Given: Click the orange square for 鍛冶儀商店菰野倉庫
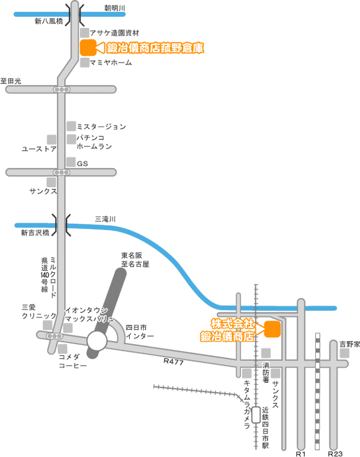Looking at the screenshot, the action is tap(88, 47).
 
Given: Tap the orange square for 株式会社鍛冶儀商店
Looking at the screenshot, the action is tap(272, 329).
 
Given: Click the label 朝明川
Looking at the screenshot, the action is tap(115, 8).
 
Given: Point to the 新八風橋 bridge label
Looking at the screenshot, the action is tap(48, 21).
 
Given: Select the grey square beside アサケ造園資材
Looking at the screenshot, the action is tap(84, 33).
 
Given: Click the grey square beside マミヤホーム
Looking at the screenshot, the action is tap(84, 63).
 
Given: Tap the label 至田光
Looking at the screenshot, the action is tap(11, 81).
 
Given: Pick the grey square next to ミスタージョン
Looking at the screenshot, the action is tap(71, 126).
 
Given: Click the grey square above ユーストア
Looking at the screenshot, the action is tap(52, 140).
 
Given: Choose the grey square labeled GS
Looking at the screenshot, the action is tap(71, 162).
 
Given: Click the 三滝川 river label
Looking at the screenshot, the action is tap(106, 219).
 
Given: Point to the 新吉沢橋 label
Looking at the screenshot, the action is tap(35, 233).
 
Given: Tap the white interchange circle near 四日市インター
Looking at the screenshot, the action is tap(97, 340).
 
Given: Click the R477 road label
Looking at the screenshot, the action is tap(174, 362).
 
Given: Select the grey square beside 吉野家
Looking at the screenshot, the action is tap(344, 353).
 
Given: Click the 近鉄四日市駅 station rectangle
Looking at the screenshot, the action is tap(256, 415).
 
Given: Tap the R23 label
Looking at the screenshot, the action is tap(335, 453).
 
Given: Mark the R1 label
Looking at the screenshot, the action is tap(301, 453).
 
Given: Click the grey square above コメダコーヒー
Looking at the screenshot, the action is tap(63, 349).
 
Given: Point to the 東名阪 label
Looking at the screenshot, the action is tap(132, 255).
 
